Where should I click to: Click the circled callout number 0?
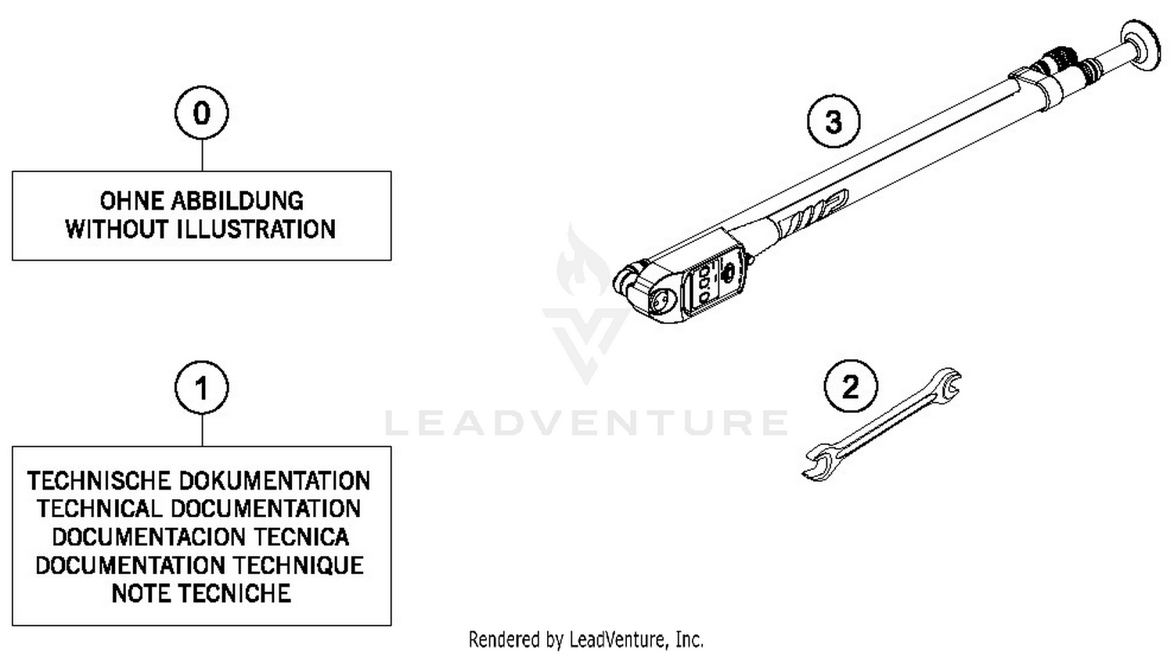202,113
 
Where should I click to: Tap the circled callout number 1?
202,388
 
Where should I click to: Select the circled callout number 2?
851,386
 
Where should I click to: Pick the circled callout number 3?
834,121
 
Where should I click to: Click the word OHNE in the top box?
131,201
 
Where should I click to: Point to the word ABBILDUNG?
237,201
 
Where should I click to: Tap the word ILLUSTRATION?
257,229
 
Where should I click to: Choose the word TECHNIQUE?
298,565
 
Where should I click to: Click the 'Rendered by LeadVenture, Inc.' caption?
586,640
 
